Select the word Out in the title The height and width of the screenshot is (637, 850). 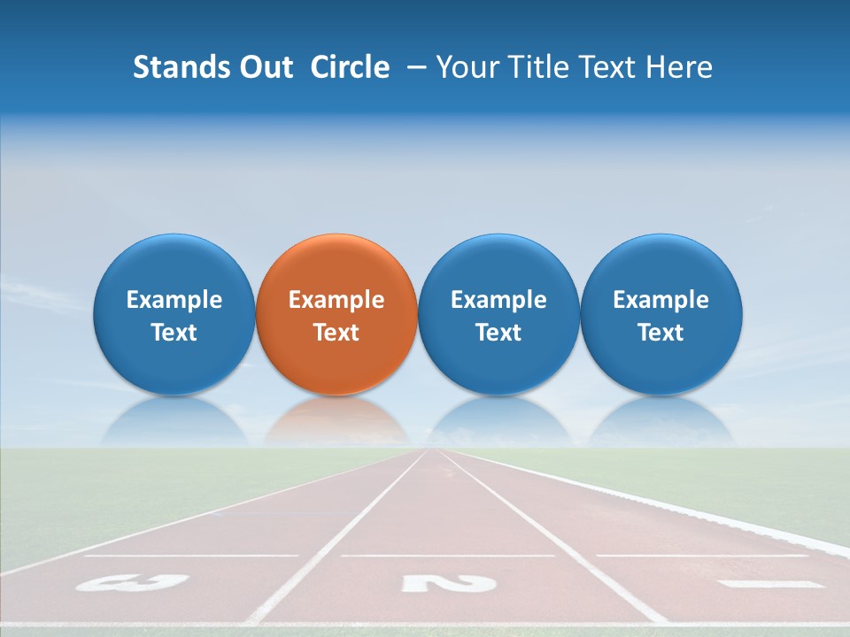(264, 67)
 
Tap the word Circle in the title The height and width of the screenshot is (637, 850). (350, 67)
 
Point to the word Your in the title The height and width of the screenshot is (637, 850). (467, 67)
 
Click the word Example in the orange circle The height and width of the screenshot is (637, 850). (336, 300)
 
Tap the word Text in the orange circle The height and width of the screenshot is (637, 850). (336, 333)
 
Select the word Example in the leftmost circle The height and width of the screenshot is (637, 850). (174, 300)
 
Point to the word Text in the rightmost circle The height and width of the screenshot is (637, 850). (661, 333)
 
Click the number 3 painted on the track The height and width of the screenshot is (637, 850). (132, 582)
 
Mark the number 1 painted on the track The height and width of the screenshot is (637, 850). (771, 584)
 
